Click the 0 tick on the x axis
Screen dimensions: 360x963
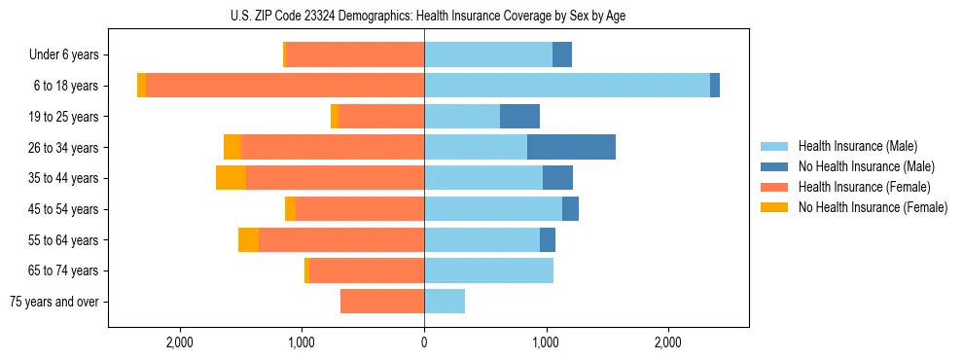pyautogui.click(x=424, y=342)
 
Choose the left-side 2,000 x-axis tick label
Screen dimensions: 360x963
pyautogui.click(x=180, y=342)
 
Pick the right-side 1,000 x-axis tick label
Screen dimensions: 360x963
pyautogui.click(x=546, y=342)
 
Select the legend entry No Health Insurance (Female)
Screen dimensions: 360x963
pyautogui.click(x=873, y=207)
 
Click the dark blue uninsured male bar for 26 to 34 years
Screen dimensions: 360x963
pyautogui.click(x=571, y=147)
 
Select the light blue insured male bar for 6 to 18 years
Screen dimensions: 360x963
pyautogui.click(x=567, y=86)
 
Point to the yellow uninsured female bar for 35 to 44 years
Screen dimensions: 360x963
pyautogui.click(x=231, y=178)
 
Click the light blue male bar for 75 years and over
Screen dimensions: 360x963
pyautogui.click(x=445, y=302)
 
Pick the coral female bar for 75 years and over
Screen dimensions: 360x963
pyautogui.click(x=382, y=302)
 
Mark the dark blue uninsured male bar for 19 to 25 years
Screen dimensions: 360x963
pyautogui.click(x=519, y=117)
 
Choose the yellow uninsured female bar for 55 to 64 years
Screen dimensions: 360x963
pyautogui.click(x=248, y=240)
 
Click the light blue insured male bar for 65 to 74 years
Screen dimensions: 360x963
pyautogui.click(x=488, y=270)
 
